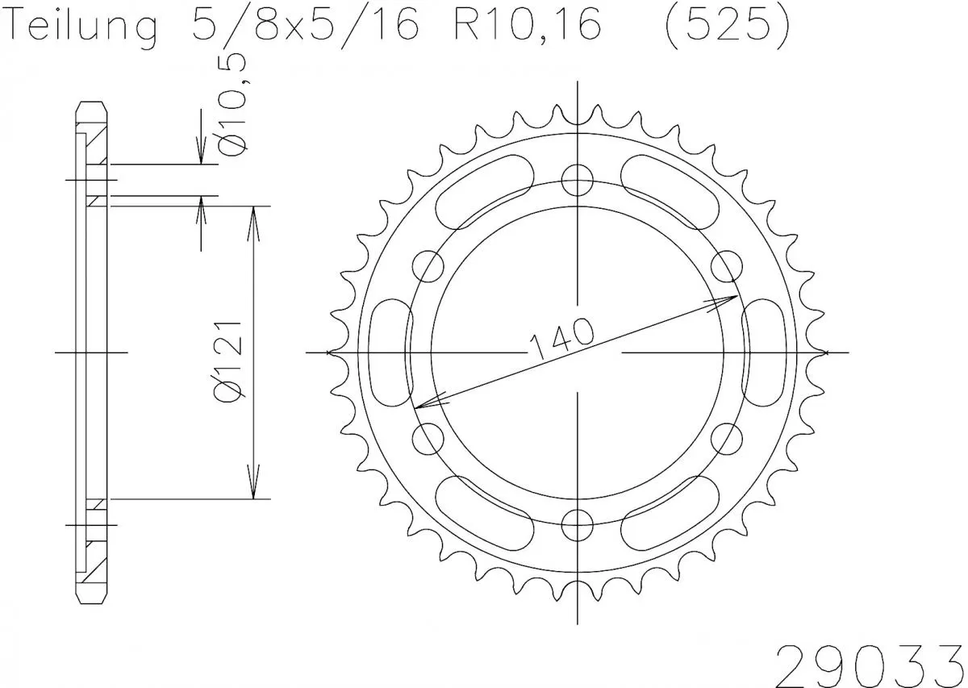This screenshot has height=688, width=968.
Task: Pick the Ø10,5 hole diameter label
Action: coord(234,105)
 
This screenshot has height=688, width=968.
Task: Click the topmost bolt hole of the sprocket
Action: coord(578,179)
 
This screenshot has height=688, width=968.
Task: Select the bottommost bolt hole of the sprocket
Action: coord(578,525)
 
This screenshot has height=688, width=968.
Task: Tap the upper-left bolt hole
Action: coord(428,265)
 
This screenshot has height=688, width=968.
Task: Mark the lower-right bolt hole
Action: coord(727,439)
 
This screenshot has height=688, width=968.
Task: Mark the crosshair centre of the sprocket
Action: coord(578,352)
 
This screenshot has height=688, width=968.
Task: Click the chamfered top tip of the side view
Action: coord(91,106)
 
